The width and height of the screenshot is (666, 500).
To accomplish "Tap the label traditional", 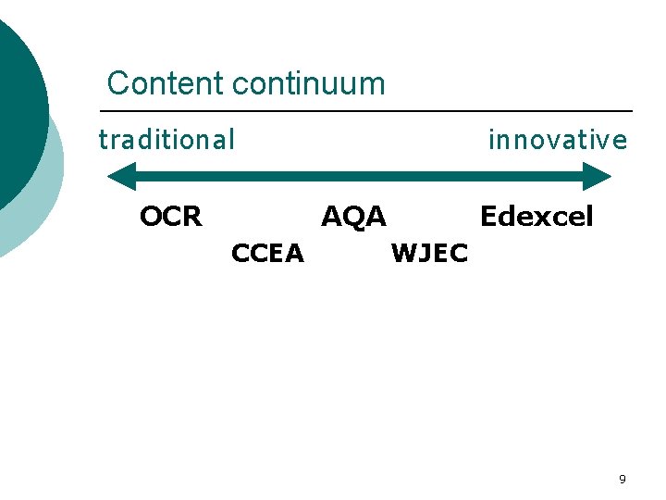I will coord(166,140).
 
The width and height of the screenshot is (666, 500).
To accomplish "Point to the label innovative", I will coord(557,140).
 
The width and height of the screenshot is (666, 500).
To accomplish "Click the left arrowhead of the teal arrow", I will coord(121,176).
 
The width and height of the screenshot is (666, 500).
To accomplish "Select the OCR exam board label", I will coord(170,217).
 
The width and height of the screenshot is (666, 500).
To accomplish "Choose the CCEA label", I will coord(267,253).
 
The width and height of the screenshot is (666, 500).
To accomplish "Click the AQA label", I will coord(353,217).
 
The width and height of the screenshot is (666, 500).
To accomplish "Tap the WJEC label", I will coord(430,253).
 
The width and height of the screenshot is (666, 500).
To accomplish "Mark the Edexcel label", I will coord(536,217).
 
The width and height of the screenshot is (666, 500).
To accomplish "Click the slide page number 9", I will coord(622,480).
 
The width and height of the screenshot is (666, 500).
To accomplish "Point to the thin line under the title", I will coord(370,111).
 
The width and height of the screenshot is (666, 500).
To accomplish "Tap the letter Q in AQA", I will coord(353,217).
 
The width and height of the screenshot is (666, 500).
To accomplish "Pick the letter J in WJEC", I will coord(424,253).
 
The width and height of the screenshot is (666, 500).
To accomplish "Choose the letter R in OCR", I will coord(191,217).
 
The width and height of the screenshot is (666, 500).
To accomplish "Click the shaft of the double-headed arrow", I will coord(361,176).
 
